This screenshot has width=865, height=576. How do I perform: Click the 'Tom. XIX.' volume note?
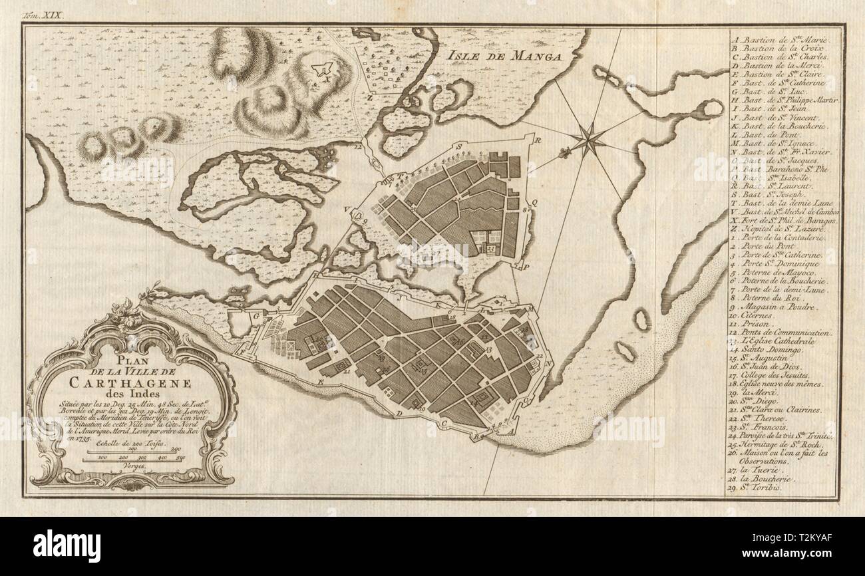pyautogui.click(x=44, y=13)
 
